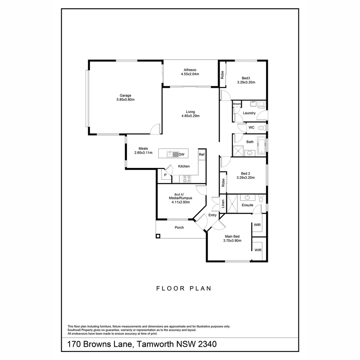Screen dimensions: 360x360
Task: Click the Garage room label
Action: [x=126, y=95]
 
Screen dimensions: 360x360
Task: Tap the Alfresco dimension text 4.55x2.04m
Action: [x=190, y=74]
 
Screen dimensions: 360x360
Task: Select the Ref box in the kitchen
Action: [x=201, y=154]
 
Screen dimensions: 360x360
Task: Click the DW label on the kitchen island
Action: [x=182, y=155]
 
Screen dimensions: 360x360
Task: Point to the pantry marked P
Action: [x=165, y=175]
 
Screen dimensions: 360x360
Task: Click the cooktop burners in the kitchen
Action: [x=187, y=179]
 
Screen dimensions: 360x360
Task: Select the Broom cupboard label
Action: [x=237, y=104]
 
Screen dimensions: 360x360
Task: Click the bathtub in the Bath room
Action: [x=262, y=147]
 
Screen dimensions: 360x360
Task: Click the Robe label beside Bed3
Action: [x=222, y=75]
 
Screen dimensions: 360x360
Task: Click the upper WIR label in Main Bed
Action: [x=257, y=225]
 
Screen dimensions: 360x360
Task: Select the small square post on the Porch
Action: [x=158, y=236]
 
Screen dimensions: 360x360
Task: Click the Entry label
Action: [x=212, y=215]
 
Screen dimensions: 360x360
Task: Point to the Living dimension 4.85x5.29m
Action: [x=190, y=116]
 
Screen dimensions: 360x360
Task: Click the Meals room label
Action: [x=143, y=149]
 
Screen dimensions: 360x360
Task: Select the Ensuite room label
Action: [x=247, y=205]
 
